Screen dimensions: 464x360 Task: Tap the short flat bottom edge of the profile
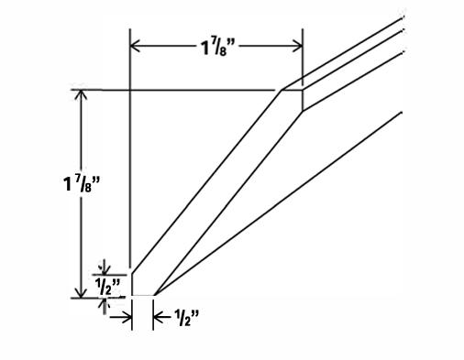coord(143,296)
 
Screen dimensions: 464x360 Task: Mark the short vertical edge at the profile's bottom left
coord(131,284)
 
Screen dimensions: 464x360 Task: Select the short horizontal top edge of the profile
coord(293,89)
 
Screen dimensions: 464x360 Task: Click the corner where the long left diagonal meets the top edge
coord(282,89)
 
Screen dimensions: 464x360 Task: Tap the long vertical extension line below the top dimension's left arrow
coord(131,165)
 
